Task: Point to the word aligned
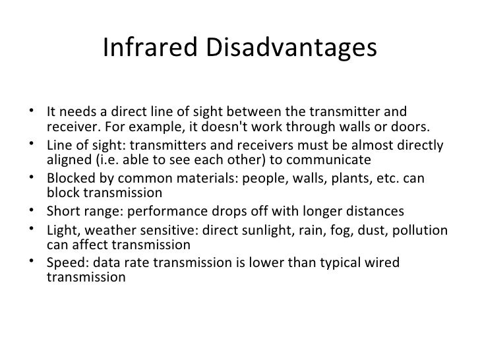pyautogui.click(x=69, y=161)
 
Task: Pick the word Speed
pyautogui.click(x=67, y=262)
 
